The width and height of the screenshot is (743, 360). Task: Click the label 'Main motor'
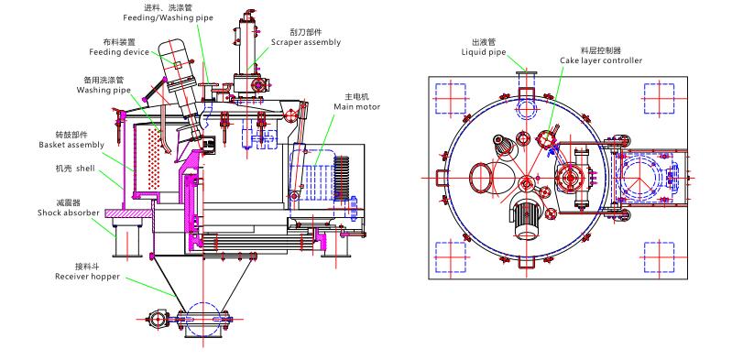(x=356, y=107)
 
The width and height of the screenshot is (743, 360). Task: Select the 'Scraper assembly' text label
(x=306, y=42)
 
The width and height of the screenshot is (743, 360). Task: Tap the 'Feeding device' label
(x=119, y=52)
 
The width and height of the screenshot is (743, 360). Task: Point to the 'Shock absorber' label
(x=69, y=213)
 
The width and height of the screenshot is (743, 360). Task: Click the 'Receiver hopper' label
(x=87, y=276)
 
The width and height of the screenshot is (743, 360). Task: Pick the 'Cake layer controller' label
(x=601, y=60)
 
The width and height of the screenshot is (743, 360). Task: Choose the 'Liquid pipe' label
(x=484, y=52)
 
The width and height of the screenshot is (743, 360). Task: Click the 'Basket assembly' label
(x=71, y=145)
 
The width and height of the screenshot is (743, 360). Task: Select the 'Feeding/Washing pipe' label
(x=168, y=18)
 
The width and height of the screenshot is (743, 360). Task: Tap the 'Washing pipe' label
(x=104, y=90)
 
